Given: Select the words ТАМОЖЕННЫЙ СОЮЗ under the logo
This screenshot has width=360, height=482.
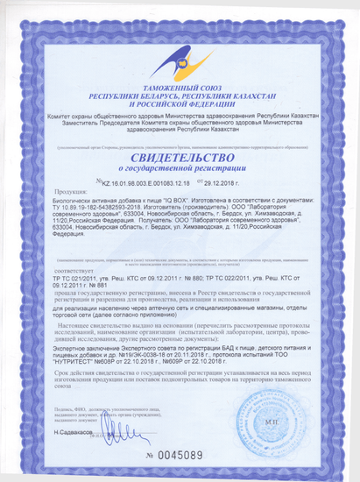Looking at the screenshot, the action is click(179, 88).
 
